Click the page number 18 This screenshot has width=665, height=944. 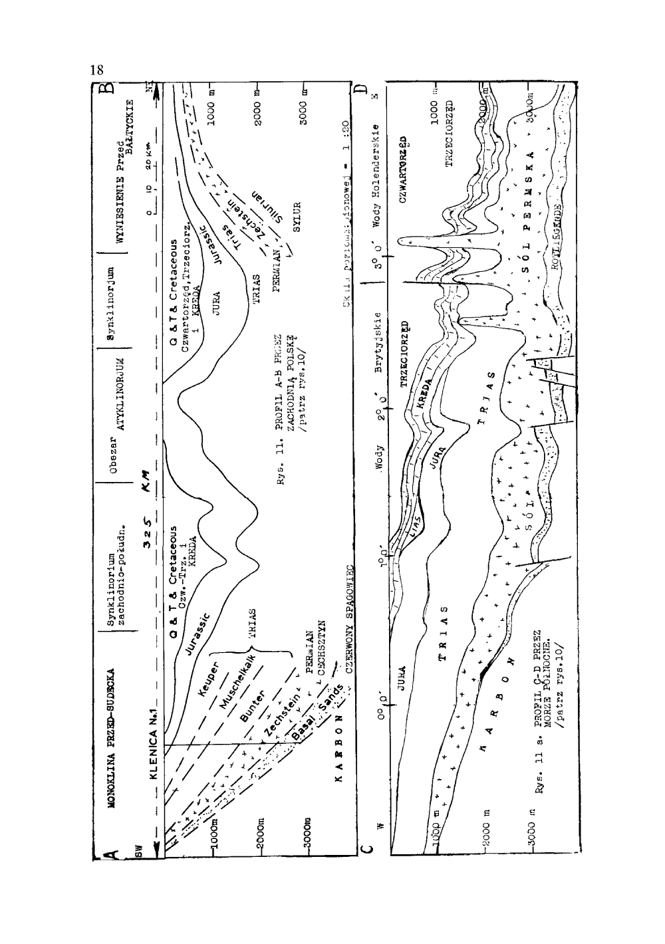coord(98,70)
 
